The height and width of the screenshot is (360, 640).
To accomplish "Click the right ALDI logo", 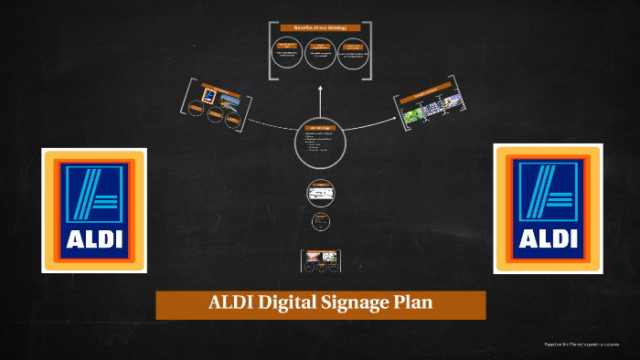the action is [x=548, y=208].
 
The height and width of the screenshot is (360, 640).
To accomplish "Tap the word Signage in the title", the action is [x=368, y=304].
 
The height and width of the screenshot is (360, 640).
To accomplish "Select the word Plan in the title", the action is [x=430, y=304].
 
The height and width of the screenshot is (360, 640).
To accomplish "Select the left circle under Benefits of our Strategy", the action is [x=287, y=52].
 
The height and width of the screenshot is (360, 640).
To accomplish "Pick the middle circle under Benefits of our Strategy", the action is [x=320, y=52].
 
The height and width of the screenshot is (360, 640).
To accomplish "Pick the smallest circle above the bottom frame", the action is [x=320, y=221].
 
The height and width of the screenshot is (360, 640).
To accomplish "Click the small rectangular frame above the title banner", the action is [x=320, y=261].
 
